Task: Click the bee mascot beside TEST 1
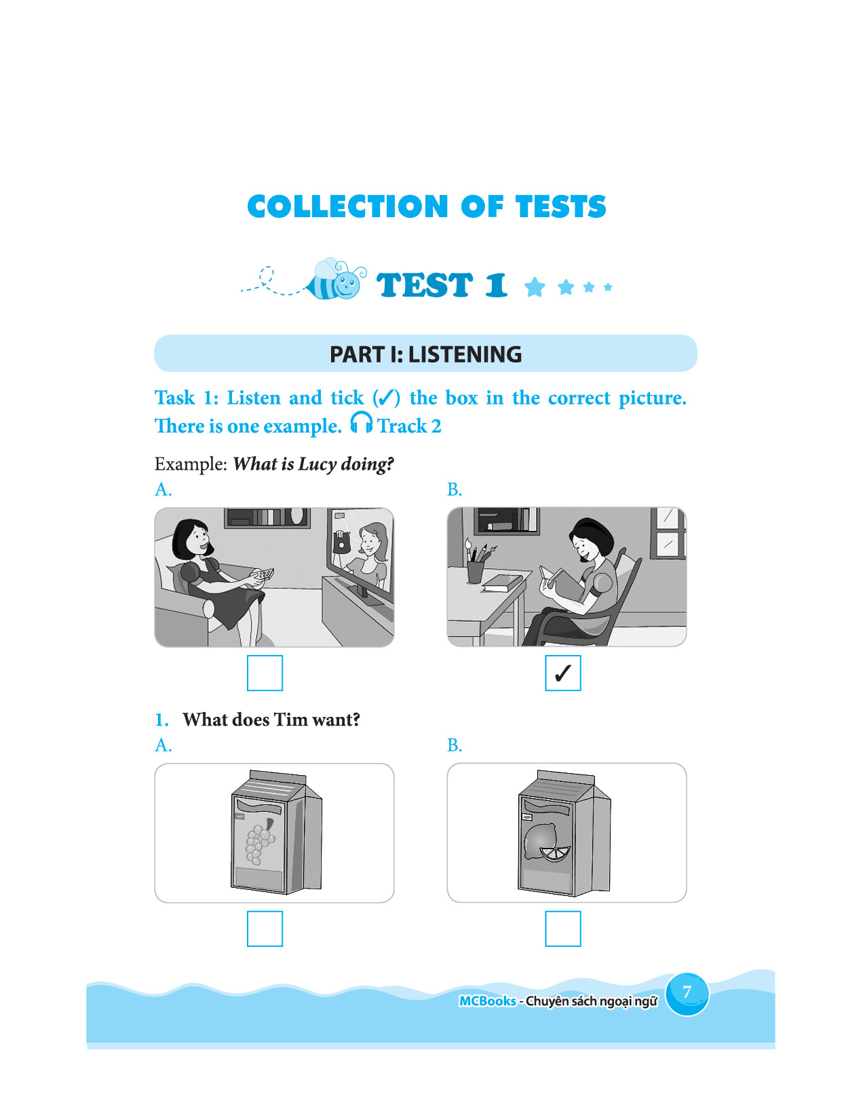[337, 280]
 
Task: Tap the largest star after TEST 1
[535, 287]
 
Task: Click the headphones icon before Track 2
[361, 423]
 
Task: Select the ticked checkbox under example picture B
[562, 673]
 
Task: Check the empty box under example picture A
[265, 673]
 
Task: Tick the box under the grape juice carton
[265, 929]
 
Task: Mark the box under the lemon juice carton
[562, 929]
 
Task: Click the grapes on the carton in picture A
[259, 841]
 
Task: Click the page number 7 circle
[687, 993]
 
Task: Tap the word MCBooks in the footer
[487, 1001]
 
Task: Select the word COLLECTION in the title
[348, 206]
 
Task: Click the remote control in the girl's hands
[261, 574]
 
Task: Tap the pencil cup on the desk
[475, 572]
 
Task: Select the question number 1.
[161, 720]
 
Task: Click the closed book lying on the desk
[503, 583]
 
